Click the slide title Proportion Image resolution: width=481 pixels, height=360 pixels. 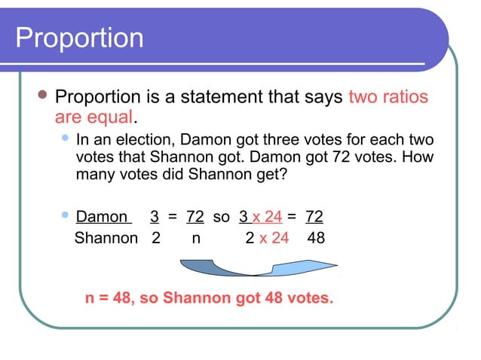tap(79, 38)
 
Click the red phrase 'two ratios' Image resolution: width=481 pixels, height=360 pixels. tap(388, 98)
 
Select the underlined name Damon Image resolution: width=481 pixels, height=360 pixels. tap(103, 217)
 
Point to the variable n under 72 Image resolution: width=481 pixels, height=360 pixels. tap(196, 239)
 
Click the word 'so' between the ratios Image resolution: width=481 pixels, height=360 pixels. tap(221, 217)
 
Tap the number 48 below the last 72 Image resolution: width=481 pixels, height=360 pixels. tap(316, 238)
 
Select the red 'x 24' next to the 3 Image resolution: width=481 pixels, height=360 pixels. tap(268, 217)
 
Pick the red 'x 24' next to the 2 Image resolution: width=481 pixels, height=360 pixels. tap(274, 238)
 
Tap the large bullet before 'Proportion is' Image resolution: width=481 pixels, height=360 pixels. tap(42, 96)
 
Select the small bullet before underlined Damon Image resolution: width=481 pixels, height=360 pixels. tap(65, 216)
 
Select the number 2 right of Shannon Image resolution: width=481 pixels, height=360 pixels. tap(156, 238)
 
